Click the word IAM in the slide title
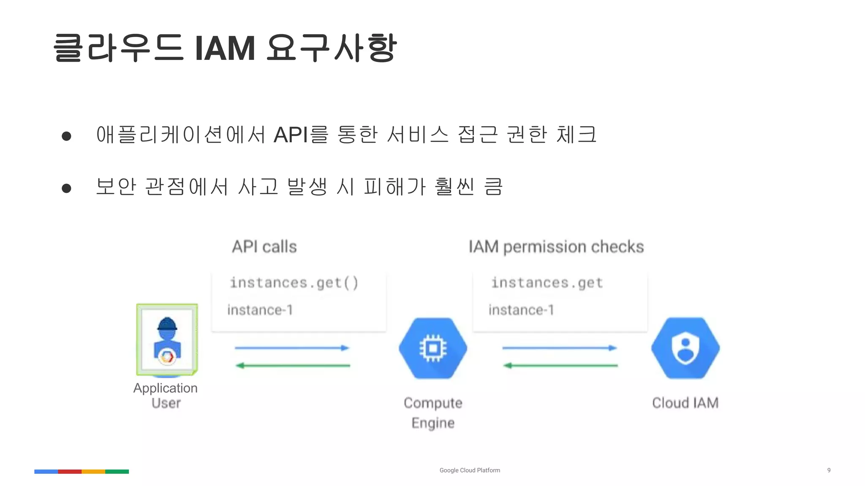point(225,49)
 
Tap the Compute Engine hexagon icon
point(433,348)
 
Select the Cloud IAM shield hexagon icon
point(685,348)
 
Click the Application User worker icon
point(167,340)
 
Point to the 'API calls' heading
point(264,247)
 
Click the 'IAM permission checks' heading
point(556,247)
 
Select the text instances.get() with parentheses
point(294,283)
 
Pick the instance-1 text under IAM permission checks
point(521,310)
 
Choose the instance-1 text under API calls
point(260,310)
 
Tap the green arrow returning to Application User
point(292,365)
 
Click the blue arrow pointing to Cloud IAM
point(560,348)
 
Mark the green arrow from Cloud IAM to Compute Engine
point(560,365)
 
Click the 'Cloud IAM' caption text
point(685,403)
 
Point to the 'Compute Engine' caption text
point(433,413)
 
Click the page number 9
point(829,470)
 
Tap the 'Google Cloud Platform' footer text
point(470,470)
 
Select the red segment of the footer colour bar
point(70,471)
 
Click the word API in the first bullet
point(291,135)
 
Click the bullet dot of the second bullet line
point(66,188)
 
